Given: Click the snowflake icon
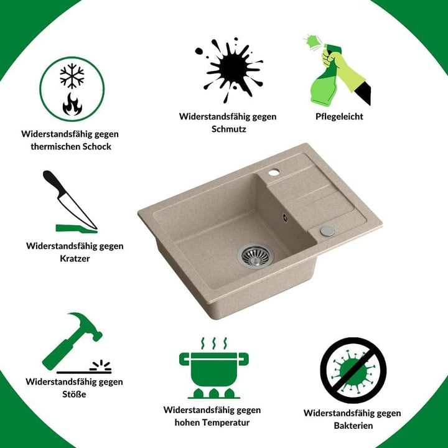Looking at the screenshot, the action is [72, 76].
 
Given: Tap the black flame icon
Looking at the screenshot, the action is [72, 104].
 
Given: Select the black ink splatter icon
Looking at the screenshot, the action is [229, 69].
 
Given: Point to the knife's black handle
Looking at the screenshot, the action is [54, 182].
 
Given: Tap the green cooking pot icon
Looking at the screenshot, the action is [213, 369].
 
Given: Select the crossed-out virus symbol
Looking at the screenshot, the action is [353, 370].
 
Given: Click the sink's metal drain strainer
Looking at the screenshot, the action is [256, 255].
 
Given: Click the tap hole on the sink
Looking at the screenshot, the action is [274, 172].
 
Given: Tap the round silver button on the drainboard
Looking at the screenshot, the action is [328, 231].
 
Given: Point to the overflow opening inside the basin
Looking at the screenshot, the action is [284, 218].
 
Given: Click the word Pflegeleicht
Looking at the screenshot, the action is [339, 116].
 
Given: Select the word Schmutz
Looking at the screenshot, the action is [229, 129].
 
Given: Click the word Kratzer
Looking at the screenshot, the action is [75, 259].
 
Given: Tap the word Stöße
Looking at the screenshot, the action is [74, 394].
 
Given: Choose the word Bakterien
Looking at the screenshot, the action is [353, 426].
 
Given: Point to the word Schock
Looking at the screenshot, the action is [97, 147].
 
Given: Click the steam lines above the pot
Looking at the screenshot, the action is [213, 343].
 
